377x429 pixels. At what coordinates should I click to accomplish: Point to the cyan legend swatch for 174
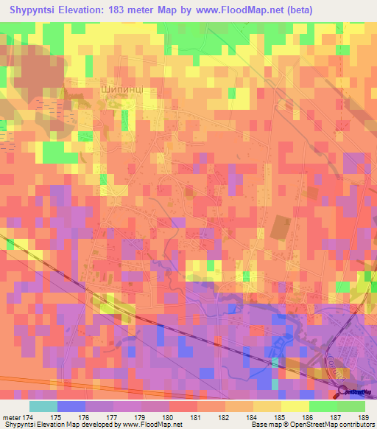(x=43, y=406)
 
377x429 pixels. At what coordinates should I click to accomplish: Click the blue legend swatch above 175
(x=71, y=406)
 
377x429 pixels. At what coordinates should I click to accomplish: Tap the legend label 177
(x=113, y=417)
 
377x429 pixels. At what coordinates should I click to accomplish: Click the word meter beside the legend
(x=13, y=417)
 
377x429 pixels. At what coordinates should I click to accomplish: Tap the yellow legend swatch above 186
(x=295, y=406)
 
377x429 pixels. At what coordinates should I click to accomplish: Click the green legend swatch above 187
(x=323, y=406)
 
